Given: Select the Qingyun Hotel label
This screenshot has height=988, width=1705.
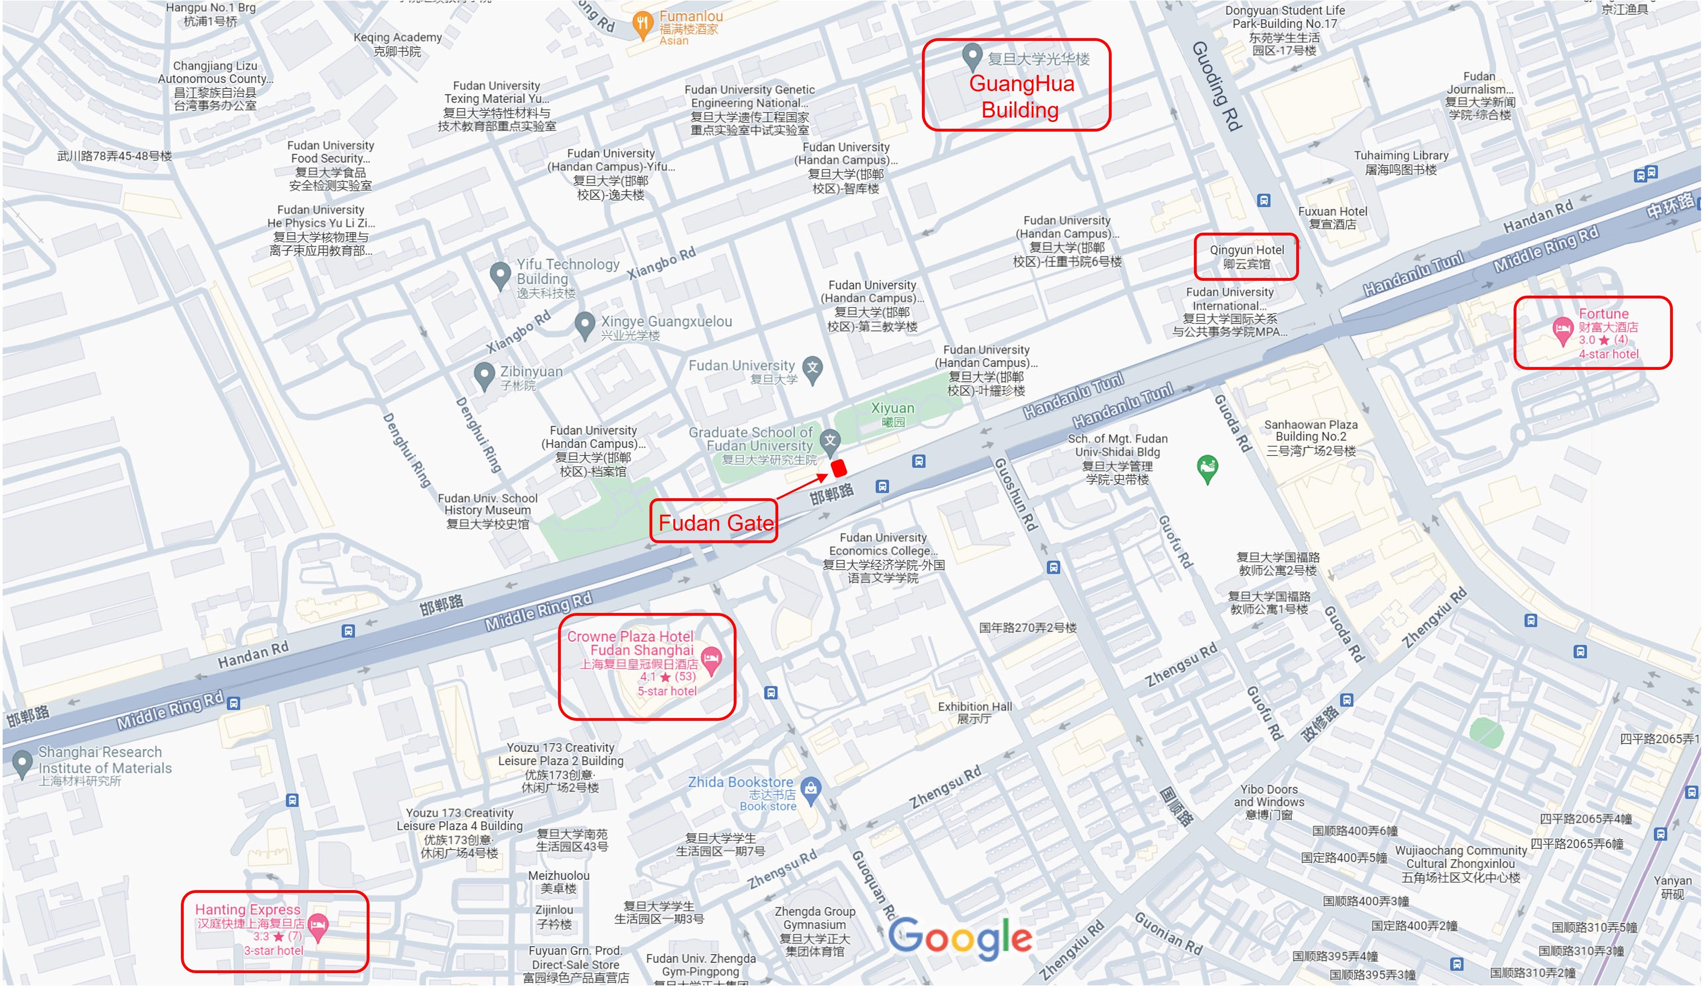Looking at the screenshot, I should [1246, 256].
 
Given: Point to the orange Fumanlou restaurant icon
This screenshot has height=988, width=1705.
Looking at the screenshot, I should [641, 24].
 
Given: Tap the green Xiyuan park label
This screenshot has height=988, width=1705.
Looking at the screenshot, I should [893, 414].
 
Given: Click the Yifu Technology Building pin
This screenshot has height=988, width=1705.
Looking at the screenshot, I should [500, 275].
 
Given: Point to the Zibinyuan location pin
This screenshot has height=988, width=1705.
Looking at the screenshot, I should [484, 375].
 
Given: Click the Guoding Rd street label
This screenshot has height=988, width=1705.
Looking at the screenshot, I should [1216, 86].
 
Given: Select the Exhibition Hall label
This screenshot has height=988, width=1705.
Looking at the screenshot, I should [974, 712].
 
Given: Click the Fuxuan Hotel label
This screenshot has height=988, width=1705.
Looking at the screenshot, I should [1332, 218].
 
